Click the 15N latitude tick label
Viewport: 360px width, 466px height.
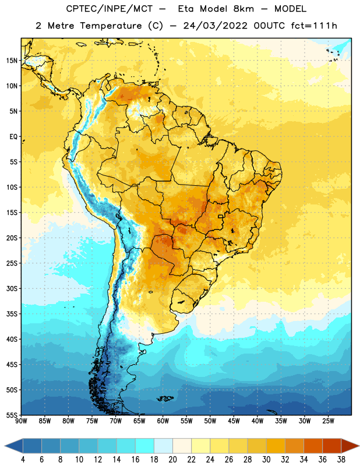[12, 61]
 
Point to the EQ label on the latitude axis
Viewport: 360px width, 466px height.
[13, 137]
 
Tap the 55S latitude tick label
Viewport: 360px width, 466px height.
[12, 415]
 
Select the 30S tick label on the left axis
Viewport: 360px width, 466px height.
[12, 288]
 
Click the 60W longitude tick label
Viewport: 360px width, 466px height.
[163, 421]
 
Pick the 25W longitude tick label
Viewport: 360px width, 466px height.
[328, 421]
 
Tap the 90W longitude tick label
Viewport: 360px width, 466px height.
[21, 421]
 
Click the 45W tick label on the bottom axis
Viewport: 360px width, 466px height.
[234, 421]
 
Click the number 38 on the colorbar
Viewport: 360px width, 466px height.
[341, 460]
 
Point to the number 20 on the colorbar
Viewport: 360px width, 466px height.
[172, 460]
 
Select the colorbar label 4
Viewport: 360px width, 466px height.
[23, 460]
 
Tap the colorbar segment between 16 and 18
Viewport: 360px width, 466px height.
[145, 446]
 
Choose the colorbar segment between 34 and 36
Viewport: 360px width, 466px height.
[313, 446]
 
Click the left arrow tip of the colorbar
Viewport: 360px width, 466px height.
[5, 446]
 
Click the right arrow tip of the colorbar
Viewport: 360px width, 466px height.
[359, 446]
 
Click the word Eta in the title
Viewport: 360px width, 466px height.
[186, 9]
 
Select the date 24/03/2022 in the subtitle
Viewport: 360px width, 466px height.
[215, 26]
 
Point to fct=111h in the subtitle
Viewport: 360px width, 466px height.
[314, 26]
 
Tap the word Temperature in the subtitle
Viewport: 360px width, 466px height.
[111, 26]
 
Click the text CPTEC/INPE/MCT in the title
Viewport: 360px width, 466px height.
[110, 9]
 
